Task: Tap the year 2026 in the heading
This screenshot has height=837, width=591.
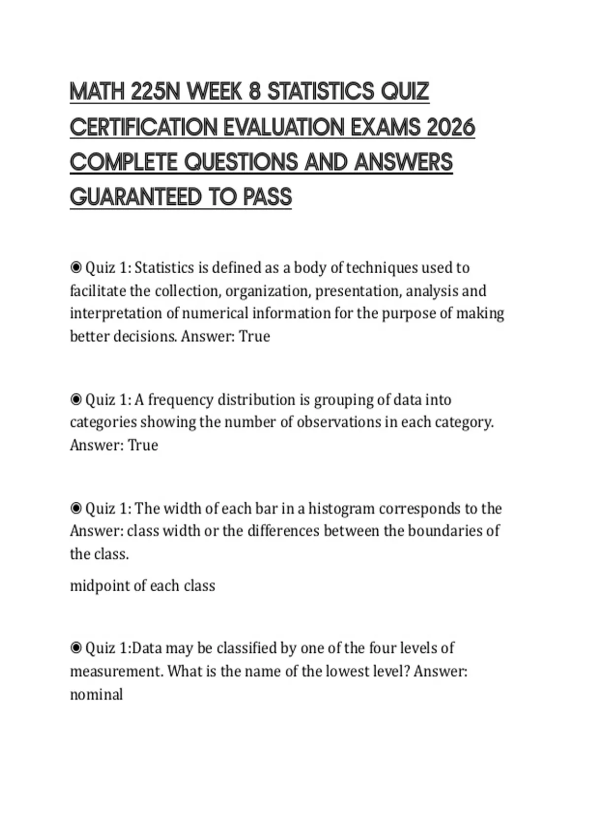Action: point(451,128)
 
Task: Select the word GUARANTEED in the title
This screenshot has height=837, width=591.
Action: point(135,197)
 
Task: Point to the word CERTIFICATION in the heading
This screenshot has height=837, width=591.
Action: point(143,128)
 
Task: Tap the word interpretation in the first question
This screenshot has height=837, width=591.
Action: point(117,314)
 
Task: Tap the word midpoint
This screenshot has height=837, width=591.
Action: point(101,586)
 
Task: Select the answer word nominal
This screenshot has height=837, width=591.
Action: point(97,695)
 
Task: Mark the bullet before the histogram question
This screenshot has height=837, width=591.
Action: point(76,508)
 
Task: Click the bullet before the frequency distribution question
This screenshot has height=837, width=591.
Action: point(76,399)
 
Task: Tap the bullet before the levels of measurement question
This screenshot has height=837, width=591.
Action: point(76,648)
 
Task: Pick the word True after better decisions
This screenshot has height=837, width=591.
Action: point(255,336)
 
